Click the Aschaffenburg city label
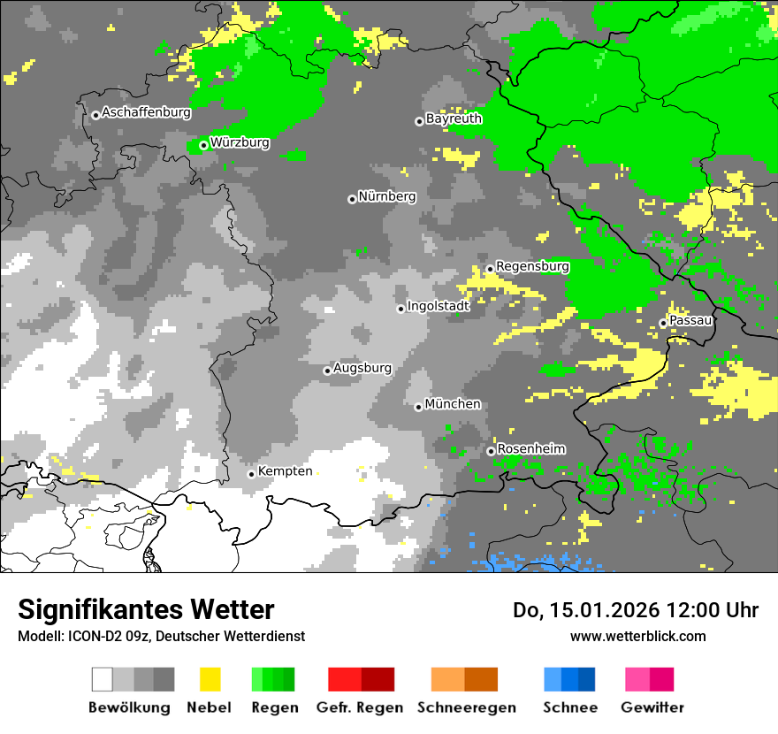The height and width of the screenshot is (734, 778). (146, 112)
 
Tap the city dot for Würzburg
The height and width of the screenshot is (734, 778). (203, 145)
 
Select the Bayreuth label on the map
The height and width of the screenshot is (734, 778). (454, 119)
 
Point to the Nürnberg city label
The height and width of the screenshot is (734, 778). (386, 196)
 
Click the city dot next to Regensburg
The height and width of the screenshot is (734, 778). (490, 269)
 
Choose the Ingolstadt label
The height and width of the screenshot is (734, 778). (439, 306)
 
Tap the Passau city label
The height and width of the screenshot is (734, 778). (690, 320)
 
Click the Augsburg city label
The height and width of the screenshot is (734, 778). (362, 368)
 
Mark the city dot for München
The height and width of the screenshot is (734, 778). (418, 407)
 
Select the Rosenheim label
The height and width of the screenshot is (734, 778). (530, 449)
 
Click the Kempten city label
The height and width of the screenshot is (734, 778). (286, 471)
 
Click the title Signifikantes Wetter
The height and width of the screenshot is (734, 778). (146, 609)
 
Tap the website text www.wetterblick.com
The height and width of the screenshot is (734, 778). (637, 636)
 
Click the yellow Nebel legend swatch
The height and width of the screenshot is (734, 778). (210, 679)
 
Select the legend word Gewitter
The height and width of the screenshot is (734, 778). (652, 707)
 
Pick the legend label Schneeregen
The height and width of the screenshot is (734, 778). (466, 707)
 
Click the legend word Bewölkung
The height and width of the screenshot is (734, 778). (129, 707)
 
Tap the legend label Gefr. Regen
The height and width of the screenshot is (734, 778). (359, 707)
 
